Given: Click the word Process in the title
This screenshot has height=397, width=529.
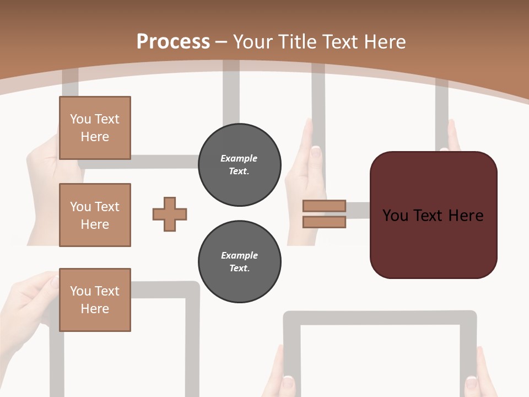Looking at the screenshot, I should point(173,42).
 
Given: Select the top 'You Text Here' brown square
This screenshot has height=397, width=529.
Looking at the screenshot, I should point(95,128).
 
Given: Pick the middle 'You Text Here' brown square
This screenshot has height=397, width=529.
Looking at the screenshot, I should point(95,215).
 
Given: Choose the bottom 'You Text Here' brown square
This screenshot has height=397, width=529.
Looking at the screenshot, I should point(95,300).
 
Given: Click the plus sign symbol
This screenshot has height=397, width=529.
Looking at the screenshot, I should point(170,214).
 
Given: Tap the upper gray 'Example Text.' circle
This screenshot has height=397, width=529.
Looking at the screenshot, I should point(239,165).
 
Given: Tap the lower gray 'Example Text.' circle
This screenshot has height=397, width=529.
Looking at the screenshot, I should point(239,262).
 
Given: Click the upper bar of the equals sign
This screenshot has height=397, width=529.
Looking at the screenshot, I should point(324,206).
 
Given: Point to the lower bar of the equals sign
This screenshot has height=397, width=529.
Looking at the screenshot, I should point(324,222).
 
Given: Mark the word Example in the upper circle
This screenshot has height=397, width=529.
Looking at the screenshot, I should point(239,159).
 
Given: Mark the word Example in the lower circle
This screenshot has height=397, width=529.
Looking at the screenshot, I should point(239,256).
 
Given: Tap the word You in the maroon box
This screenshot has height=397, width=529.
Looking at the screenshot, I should point(395,216).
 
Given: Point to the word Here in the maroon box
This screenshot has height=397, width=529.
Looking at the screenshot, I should point(466,216).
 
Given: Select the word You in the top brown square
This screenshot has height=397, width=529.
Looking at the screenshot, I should point(80,119).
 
